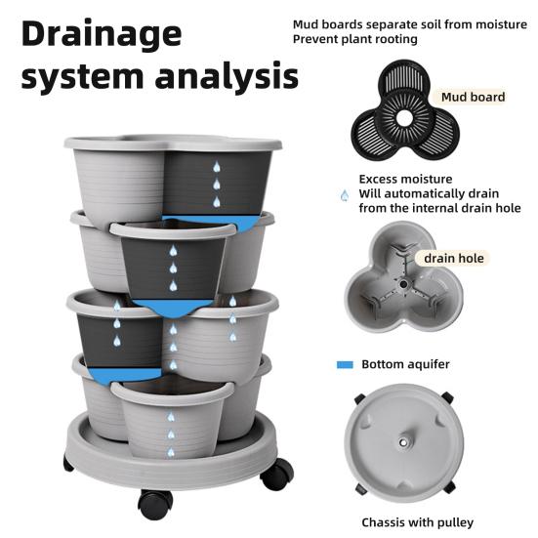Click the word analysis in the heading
(x=227, y=76)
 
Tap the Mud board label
(x=473, y=97)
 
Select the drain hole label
(x=454, y=259)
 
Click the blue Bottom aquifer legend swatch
(x=345, y=365)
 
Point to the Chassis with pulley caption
(x=417, y=522)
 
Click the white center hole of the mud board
(x=405, y=119)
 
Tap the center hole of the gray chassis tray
(x=403, y=442)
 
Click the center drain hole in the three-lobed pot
(x=403, y=284)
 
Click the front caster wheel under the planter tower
(x=155, y=504)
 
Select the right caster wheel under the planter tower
(x=277, y=475)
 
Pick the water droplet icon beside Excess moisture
(x=345, y=195)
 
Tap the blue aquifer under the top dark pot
(x=215, y=222)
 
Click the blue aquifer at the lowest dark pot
(x=123, y=375)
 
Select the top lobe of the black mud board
(x=404, y=78)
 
